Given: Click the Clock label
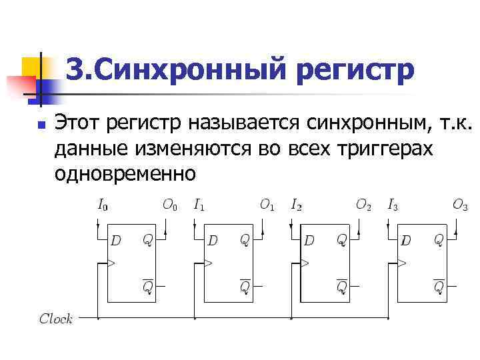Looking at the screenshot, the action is (56, 319).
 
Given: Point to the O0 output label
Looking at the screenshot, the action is (170, 205).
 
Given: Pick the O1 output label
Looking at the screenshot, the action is (267, 205).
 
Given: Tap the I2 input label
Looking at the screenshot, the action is (296, 205).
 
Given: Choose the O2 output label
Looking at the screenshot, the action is (363, 205).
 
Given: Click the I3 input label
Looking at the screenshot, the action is (393, 205).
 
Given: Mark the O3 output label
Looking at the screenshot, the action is (460, 205).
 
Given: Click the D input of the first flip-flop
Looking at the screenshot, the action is (116, 239).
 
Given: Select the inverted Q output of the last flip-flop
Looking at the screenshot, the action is (439, 286).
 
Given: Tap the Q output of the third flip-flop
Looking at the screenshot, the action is (341, 239).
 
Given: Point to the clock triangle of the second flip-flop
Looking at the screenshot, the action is (207, 263).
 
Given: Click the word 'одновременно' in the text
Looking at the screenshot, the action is (125, 173).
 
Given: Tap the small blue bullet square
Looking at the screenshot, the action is (41, 125).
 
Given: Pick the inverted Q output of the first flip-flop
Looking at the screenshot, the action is (148, 286).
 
